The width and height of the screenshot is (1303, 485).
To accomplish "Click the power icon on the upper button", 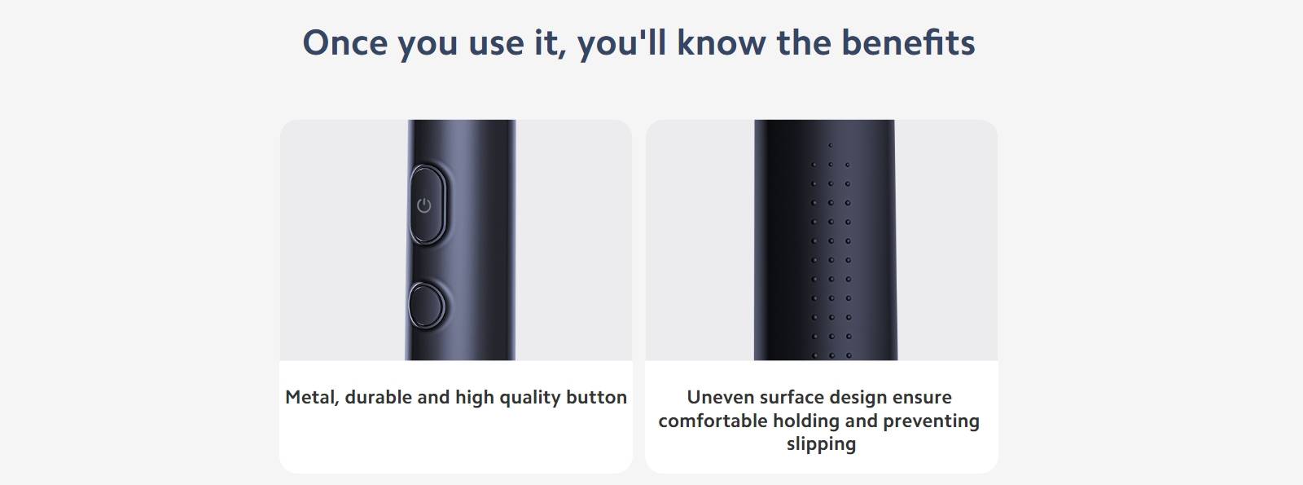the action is coord(424,205).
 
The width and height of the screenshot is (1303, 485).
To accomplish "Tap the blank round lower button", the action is coord(427,306).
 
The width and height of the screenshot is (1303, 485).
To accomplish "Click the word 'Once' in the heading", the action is coord(345,42).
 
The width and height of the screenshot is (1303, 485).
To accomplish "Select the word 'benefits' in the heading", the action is coord(908,42).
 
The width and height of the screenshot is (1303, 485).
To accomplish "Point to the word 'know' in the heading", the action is coord(722,42).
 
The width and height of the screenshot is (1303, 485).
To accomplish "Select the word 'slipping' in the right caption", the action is coord(822,444).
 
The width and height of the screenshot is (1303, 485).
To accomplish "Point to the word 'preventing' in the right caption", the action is coord(932,421).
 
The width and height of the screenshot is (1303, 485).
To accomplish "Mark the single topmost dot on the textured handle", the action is coord(830,146).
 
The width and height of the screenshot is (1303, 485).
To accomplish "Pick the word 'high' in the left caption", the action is coord(474,399).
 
